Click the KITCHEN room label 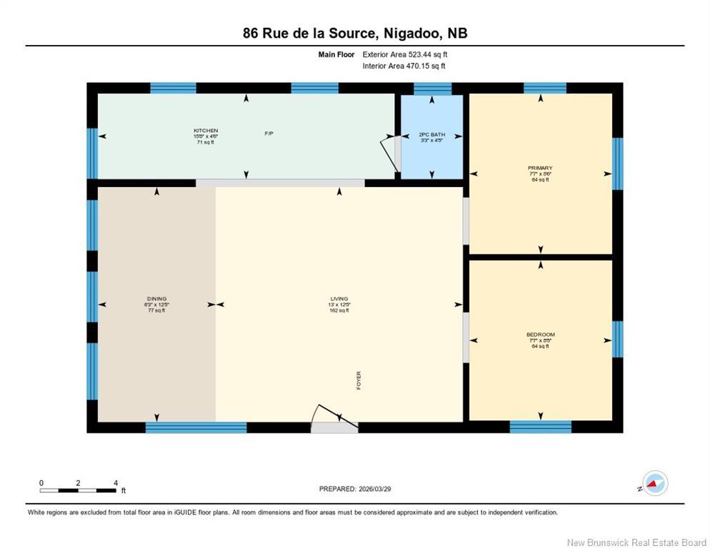[206, 131]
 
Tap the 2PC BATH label [431, 133]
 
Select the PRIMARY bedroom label [540, 168]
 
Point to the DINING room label [156, 299]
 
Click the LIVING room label [339, 299]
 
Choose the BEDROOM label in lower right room [540, 335]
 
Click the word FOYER [359, 380]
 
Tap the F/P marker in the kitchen [269, 133]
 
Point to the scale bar [78, 489]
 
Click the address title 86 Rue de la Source [354, 33]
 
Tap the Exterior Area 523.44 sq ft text [405, 54]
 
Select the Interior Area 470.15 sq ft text [404, 66]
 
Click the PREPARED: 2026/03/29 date [355, 489]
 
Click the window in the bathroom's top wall [432, 88]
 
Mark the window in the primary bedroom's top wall [544, 88]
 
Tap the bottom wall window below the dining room [196, 427]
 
